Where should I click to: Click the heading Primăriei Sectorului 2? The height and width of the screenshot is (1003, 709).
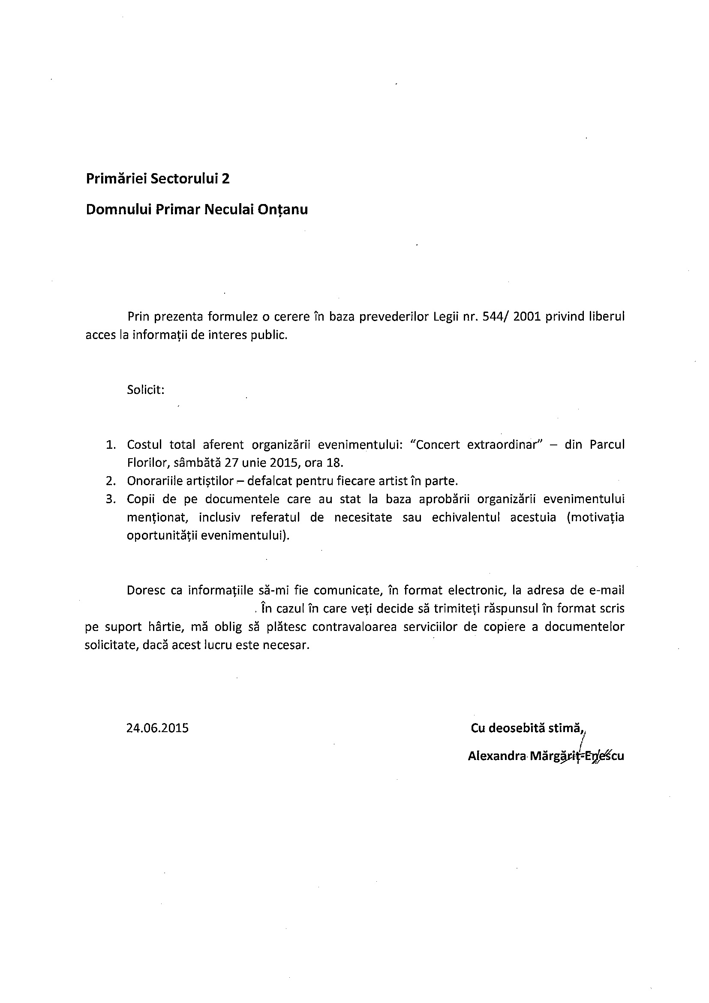[x=158, y=179]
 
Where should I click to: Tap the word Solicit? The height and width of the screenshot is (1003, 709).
[x=145, y=390]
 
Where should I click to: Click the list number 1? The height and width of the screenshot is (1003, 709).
[x=111, y=445]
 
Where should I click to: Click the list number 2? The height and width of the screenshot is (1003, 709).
[x=111, y=481]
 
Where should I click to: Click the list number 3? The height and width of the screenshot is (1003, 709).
[x=111, y=499]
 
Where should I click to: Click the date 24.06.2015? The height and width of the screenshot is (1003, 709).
[x=158, y=728]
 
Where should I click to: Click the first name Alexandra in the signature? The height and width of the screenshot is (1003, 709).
[x=496, y=756]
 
